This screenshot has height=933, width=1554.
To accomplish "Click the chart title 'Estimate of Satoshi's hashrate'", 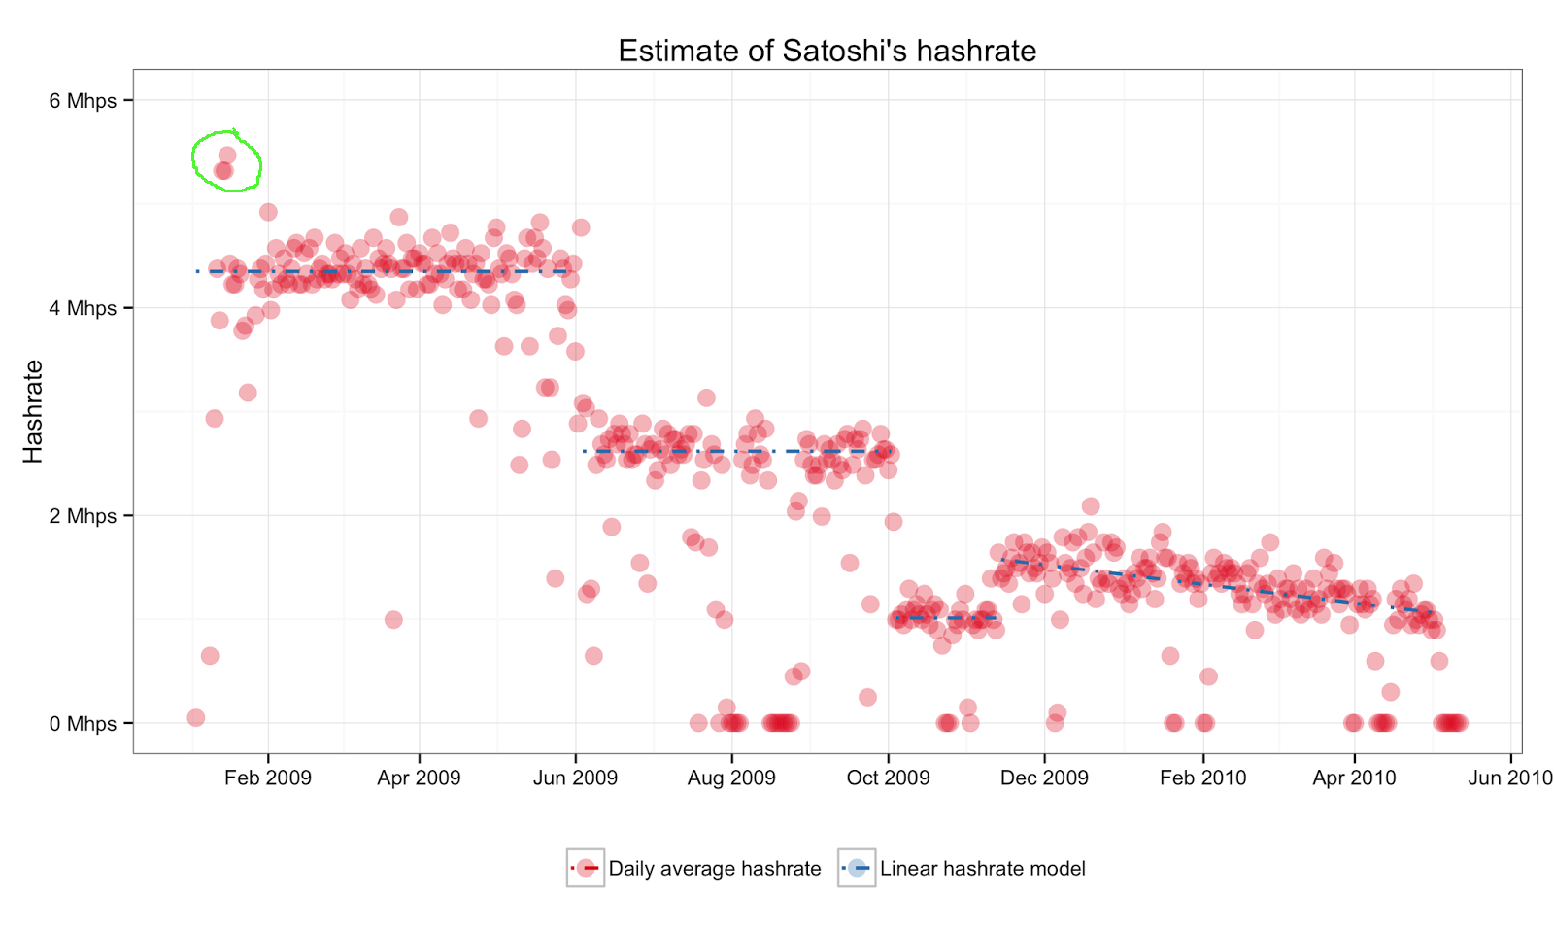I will tap(827, 51).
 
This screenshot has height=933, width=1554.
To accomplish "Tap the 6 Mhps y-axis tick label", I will tap(83, 101).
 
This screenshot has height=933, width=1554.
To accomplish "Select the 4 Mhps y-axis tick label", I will tap(83, 308).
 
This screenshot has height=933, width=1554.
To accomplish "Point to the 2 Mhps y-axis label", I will tap(83, 516).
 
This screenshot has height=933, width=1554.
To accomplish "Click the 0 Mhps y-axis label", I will tap(83, 724).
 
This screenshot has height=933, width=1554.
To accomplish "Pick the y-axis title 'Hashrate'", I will tap(33, 411).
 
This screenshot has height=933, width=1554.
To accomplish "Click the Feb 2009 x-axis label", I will tap(268, 777).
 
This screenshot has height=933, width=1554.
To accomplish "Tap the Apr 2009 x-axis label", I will tap(419, 777).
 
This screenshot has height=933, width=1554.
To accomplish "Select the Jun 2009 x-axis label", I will tap(575, 777).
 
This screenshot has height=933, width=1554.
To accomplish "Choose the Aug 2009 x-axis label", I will tap(731, 777).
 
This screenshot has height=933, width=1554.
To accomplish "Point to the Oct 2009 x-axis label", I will tap(888, 777).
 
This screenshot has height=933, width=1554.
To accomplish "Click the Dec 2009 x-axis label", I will tap(1044, 777).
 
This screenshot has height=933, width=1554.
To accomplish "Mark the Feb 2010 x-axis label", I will tap(1202, 777).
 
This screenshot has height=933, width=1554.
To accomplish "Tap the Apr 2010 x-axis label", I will tap(1354, 777).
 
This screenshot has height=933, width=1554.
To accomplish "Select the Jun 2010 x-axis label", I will tap(1509, 777).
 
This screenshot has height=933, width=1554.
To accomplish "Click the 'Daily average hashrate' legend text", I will tap(714, 869).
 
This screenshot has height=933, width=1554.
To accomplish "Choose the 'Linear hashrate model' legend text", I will tap(982, 869).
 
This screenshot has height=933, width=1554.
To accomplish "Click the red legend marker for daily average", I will tap(586, 868).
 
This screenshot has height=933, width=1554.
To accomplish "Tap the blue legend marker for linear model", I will tap(856, 868).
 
